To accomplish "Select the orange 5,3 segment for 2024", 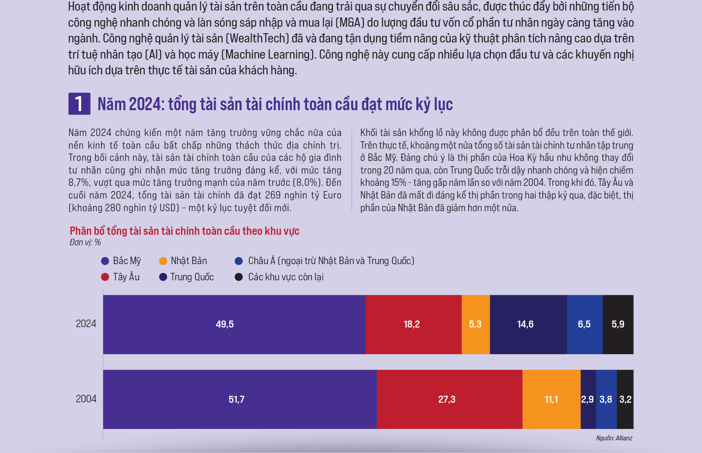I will [x=475, y=324].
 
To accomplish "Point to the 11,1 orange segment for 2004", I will [x=551, y=399].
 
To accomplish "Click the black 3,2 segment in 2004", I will [x=625, y=399].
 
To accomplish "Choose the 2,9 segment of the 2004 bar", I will [x=588, y=399].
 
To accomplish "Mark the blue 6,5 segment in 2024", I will [x=585, y=324].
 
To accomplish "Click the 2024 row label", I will [x=86, y=324].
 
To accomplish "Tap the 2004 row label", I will [x=86, y=399].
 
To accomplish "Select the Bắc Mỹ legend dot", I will [x=105, y=261].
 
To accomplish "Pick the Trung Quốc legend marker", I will [x=163, y=277].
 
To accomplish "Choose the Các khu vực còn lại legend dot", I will [x=239, y=277].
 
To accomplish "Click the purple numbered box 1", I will [x=79, y=104].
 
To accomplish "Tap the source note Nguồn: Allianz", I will [x=614, y=438].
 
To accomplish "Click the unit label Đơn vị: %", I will [x=85, y=242].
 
